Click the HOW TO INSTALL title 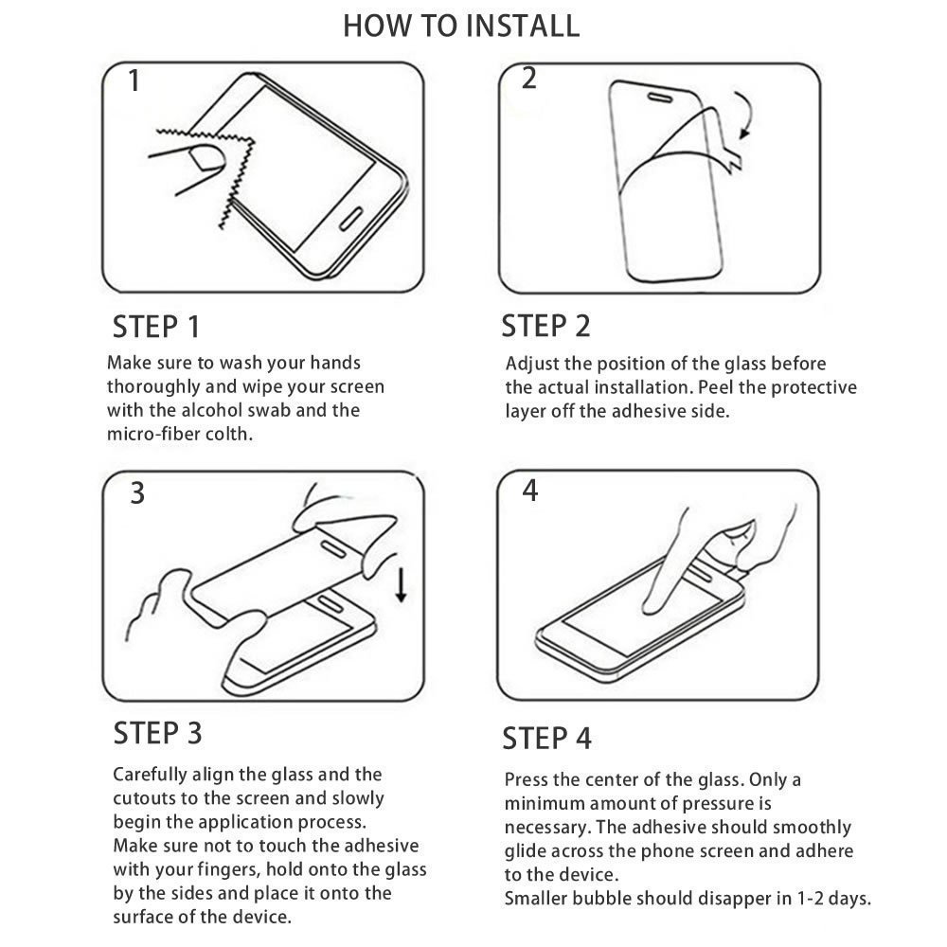coord(461,26)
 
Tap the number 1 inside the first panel coord(134,80)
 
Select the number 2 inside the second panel coord(529,79)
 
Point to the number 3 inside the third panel coord(137,492)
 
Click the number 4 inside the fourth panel coord(529,491)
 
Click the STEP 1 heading coord(156,327)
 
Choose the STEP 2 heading coord(545,326)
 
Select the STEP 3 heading coord(157,733)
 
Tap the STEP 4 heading coord(546,739)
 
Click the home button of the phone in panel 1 coord(351,219)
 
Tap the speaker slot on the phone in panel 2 coord(659,98)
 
